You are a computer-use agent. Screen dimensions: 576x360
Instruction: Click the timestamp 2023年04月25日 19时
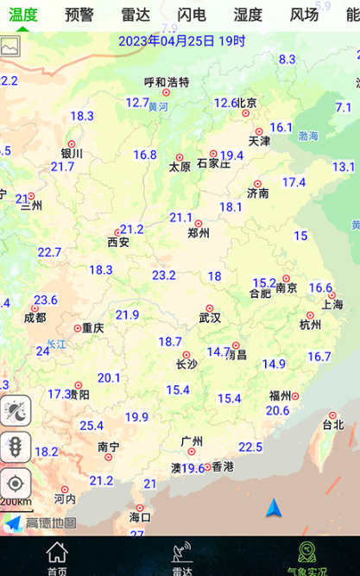point(182,41)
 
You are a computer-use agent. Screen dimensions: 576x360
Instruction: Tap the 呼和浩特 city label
point(166,83)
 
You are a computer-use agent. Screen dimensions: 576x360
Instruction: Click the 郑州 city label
point(199,232)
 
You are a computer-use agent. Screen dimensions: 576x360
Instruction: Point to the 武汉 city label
point(210,317)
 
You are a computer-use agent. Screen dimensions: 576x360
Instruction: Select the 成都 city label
point(35,317)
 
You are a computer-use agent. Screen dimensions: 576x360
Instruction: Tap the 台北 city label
point(333,425)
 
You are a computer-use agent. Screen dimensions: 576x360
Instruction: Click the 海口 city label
point(140,517)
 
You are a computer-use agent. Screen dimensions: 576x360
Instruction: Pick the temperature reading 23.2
point(164,275)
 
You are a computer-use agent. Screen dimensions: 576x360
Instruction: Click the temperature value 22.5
point(250,446)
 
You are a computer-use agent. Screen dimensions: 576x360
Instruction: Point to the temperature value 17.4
point(294,182)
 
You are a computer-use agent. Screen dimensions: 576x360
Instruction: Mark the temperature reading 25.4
point(92,425)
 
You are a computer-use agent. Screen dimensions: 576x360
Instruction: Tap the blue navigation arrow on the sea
point(274,507)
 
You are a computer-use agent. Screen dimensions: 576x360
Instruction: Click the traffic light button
point(16,446)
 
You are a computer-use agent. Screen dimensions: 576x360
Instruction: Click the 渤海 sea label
point(308,136)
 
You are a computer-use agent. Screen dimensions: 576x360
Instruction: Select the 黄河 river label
point(158,108)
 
